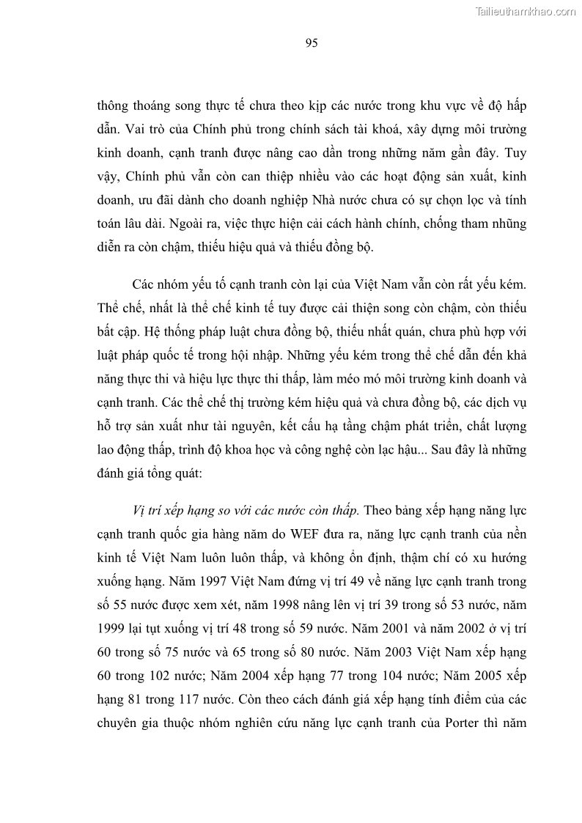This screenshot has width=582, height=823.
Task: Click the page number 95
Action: (310, 43)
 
